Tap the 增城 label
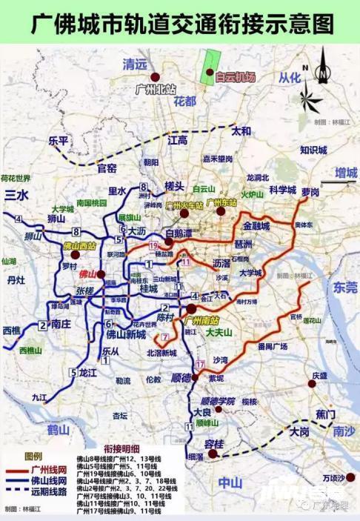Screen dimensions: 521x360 345,173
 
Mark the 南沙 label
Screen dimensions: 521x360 344,430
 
